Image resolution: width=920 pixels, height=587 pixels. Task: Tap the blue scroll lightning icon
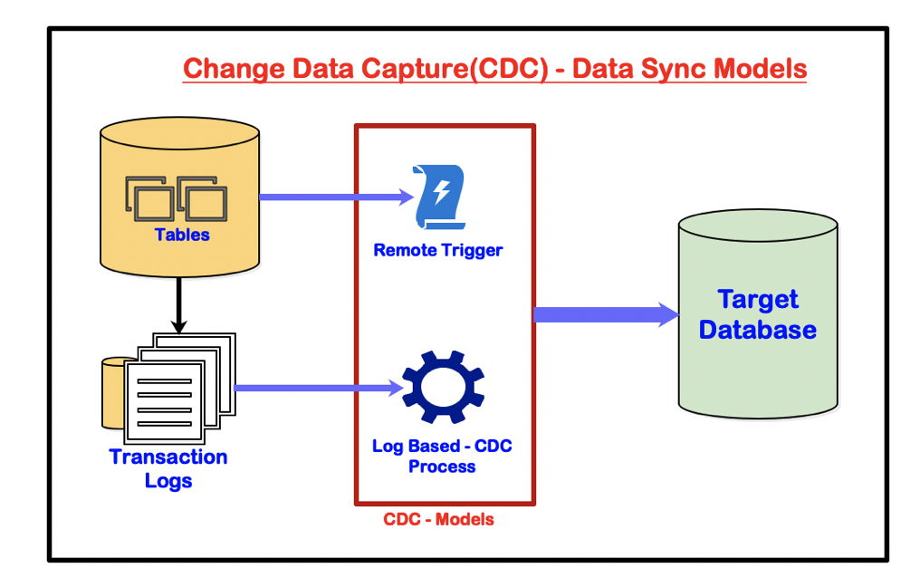tap(439, 197)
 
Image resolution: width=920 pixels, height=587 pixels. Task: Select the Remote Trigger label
tap(437, 250)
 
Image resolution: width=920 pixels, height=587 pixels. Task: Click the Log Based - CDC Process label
tap(442, 457)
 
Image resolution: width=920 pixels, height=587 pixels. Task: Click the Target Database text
tap(757, 314)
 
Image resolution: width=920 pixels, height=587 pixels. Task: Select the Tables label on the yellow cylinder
tap(182, 235)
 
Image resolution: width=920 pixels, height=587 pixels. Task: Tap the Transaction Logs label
tap(168, 468)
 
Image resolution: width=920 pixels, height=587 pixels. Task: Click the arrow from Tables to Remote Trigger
tap(335, 197)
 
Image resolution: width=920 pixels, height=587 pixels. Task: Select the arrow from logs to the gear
tap(317, 388)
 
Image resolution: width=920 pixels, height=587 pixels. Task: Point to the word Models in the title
tap(760, 68)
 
